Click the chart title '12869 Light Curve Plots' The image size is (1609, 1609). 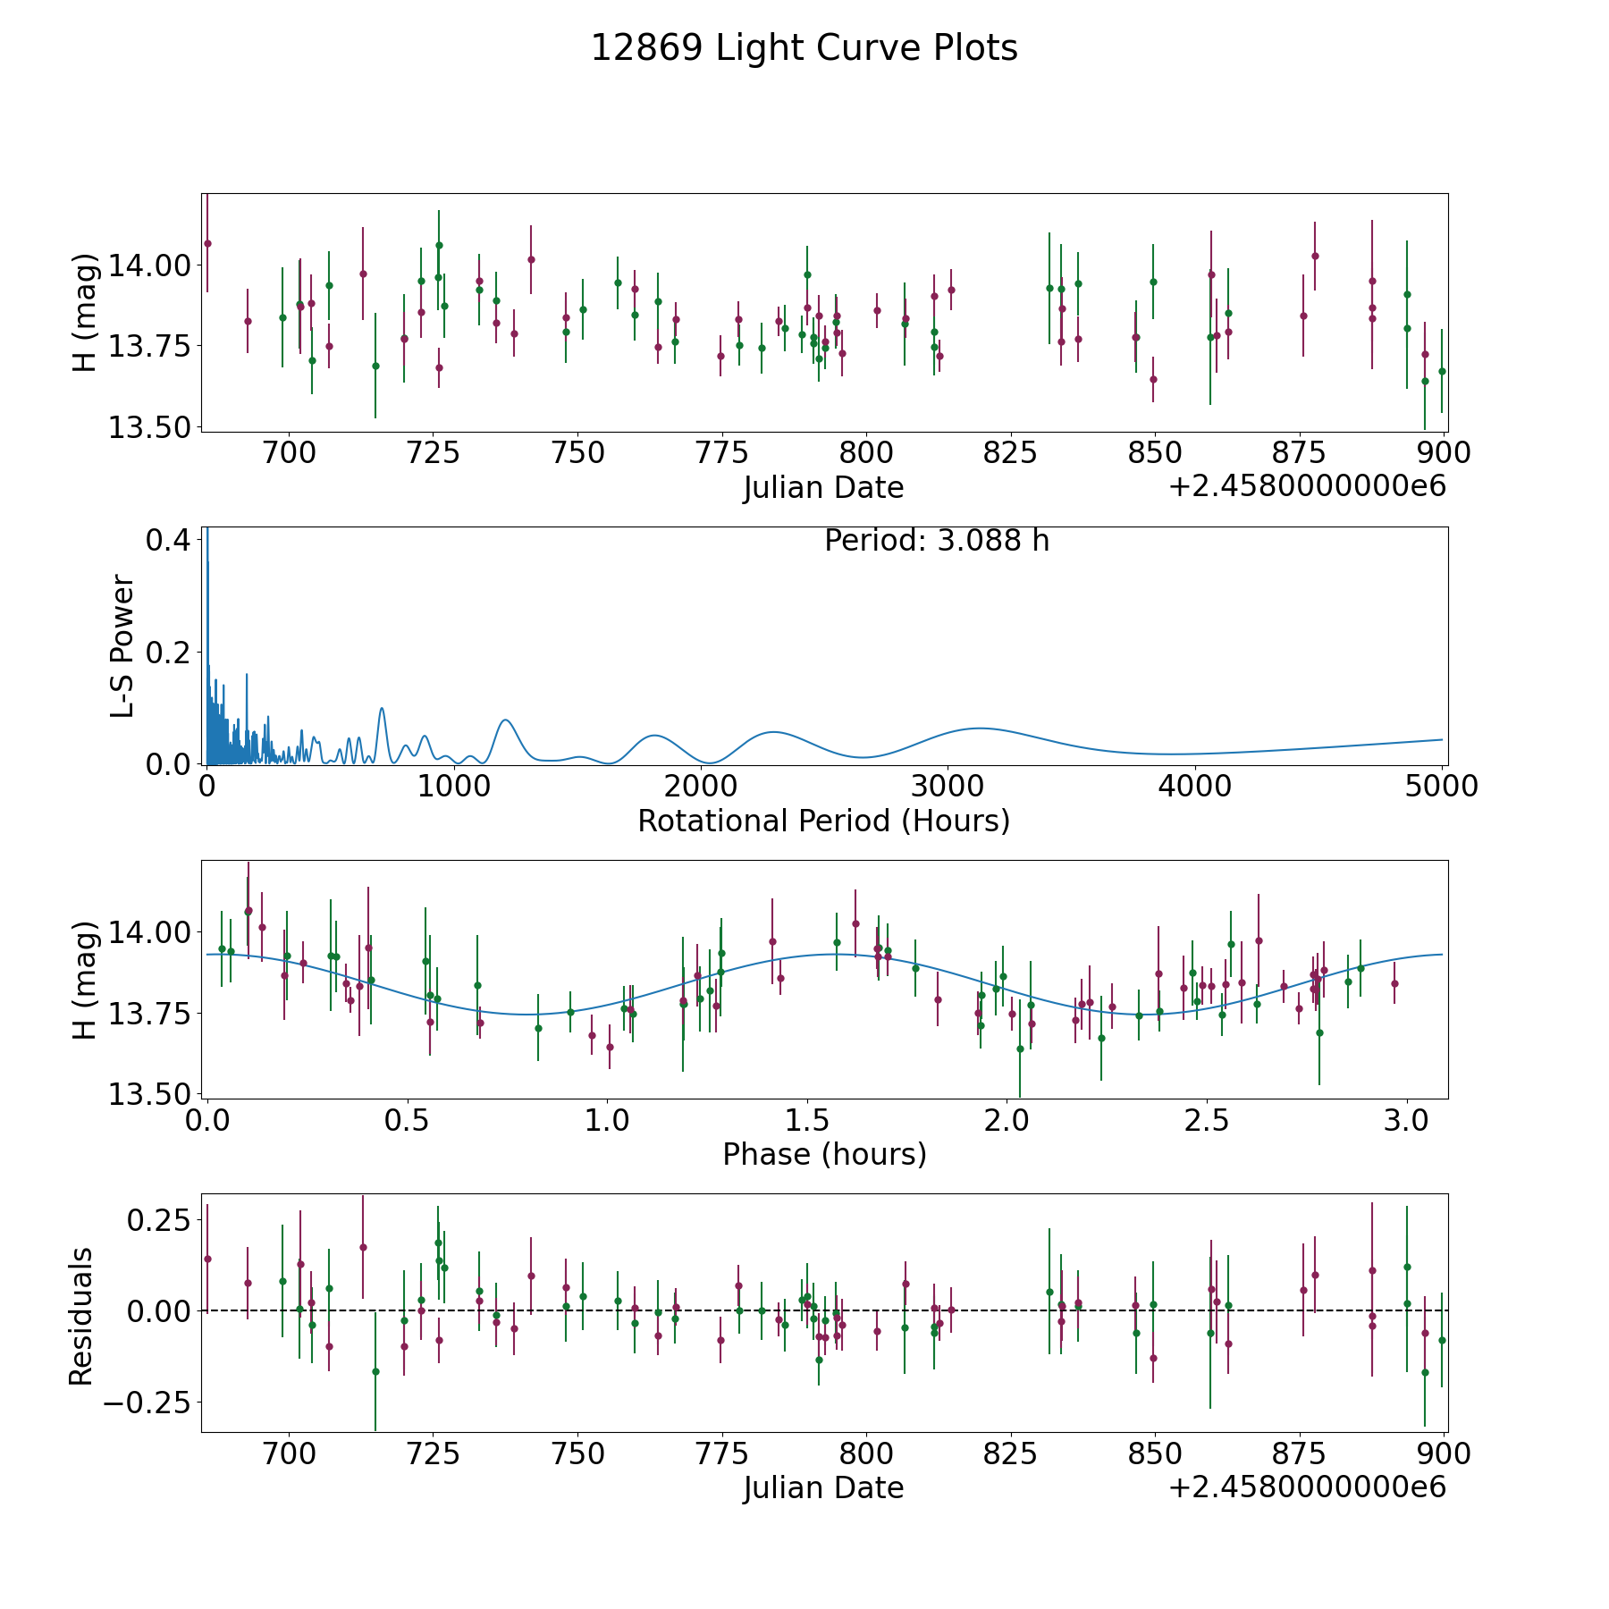[x=804, y=48]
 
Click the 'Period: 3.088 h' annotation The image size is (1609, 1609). [x=936, y=541]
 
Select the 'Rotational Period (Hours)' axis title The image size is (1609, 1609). [x=823, y=821]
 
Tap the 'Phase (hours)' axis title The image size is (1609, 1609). [x=823, y=1154]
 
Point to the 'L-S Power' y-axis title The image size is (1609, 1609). [x=123, y=645]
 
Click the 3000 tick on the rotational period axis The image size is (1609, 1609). [x=947, y=786]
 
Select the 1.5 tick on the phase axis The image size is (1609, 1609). [x=807, y=1120]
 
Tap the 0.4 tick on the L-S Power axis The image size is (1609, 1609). [x=168, y=541]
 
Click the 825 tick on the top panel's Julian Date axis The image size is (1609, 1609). [x=1010, y=453]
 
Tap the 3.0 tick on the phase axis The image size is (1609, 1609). [x=1407, y=1120]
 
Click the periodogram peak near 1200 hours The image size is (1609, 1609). [x=506, y=720]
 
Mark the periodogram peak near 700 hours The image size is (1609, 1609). [x=382, y=708]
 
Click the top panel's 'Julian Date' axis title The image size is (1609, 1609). [x=823, y=488]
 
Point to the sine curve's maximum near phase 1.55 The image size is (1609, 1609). [x=831, y=955]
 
